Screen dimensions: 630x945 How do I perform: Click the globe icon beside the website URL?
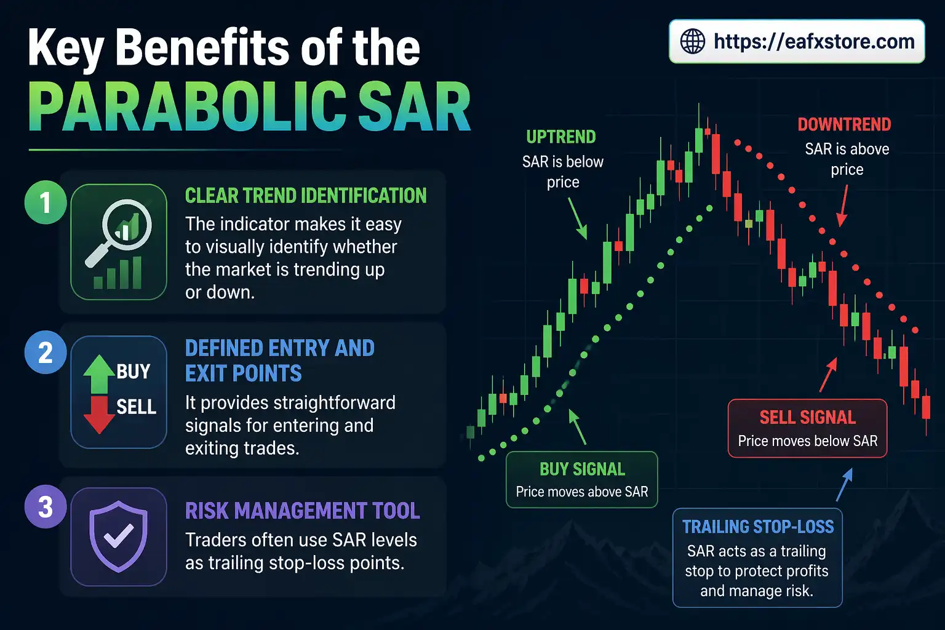[x=692, y=42]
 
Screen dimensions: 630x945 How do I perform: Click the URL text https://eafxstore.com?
[x=813, y=42]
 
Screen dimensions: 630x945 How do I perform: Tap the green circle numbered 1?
[x=45, y=202]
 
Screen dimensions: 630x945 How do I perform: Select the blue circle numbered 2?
[x=45, y=353]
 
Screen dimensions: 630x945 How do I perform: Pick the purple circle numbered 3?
[x=45, y=507]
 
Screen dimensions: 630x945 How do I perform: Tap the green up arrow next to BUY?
[x=98, y=374]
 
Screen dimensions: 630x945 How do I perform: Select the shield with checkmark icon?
[x=118, y=536]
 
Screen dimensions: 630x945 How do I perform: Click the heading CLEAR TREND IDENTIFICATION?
[x=306, y=196]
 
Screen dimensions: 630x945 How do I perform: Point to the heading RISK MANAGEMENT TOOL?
[x=302, y=511]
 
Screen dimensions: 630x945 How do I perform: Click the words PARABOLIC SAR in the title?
[x=249, y=108]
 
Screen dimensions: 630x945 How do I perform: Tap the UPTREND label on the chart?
[x=560, y=137]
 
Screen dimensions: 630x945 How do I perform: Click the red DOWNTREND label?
[x=844, y=125]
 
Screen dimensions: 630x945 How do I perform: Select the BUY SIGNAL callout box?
[x=581, y=480]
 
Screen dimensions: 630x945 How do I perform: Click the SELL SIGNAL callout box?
[x=807, y=428]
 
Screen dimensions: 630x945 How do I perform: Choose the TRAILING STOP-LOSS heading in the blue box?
[x=757, y=527]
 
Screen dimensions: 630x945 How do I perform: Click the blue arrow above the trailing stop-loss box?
[x=844, y=485]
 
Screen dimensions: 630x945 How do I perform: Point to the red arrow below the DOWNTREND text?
[x=843, y=206]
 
